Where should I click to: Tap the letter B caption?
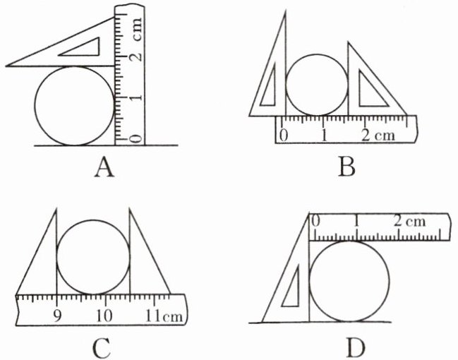coord(346,167)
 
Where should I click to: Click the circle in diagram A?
coord(74,106)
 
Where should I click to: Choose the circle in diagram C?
coord(93,256)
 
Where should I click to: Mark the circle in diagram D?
coord(349,281)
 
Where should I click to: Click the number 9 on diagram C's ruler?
coord(56,314)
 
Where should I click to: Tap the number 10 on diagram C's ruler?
coord(104,314)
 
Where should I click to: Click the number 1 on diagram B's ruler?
coord(323,134)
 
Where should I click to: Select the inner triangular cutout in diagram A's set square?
coord(83,47)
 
